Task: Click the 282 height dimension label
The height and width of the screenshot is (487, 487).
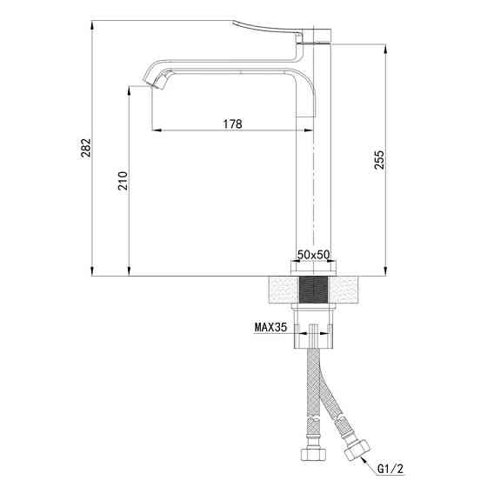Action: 83,149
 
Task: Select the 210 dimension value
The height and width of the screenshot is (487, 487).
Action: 123,181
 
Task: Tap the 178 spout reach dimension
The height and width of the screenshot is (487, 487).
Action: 231,123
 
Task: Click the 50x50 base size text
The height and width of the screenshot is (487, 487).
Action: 313,253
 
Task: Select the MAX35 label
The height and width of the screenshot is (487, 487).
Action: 270,328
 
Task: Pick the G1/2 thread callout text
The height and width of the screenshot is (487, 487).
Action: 390,470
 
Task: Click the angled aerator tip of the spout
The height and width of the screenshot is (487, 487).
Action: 156,83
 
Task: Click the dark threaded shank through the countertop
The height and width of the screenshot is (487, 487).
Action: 313,291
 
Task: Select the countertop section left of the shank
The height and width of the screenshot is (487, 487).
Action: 279,291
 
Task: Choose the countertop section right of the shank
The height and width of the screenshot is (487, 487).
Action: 346,291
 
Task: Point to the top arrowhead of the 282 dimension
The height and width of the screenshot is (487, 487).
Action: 91,21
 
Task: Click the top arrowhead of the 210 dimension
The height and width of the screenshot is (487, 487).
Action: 130,91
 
